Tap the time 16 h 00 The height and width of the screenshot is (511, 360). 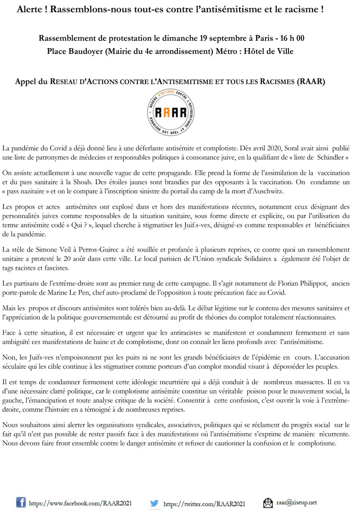point(291,38)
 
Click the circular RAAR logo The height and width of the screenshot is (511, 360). point(179,113)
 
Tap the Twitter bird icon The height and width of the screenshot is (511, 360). point(155,502)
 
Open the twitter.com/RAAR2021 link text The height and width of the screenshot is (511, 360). point(204,503)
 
